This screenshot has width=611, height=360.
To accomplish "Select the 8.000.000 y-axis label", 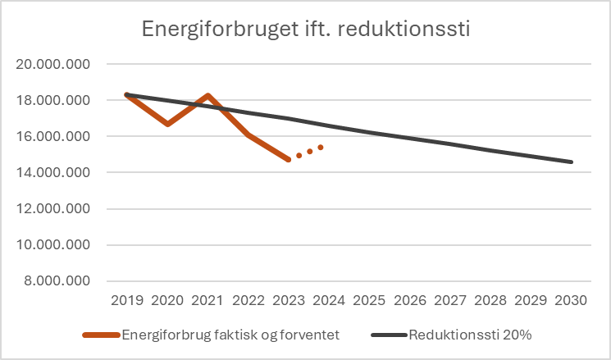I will (x=57, y=280).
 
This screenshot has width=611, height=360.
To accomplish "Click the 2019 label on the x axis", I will (x=127, y=299).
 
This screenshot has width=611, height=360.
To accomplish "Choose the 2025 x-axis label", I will (x=369, y=299).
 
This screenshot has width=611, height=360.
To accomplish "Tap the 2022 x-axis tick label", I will (x=248, y=299).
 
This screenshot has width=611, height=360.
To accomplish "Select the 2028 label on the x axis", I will (x=490, y=299).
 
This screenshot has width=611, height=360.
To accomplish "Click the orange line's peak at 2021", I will (x=207, y=96).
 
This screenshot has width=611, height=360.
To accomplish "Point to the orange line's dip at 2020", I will (x=167, y=124).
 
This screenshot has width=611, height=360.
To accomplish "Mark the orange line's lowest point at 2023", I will (x=289, y=159).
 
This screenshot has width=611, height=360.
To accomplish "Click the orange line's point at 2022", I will (x=248, y=134).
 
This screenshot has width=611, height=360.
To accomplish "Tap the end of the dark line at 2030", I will (x=572, y=162).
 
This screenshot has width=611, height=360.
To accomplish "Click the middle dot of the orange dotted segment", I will (x=310, y=151).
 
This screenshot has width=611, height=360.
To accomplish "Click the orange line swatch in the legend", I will (x=101, y=335).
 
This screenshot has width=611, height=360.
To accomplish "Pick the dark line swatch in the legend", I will (x=390, y=335).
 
